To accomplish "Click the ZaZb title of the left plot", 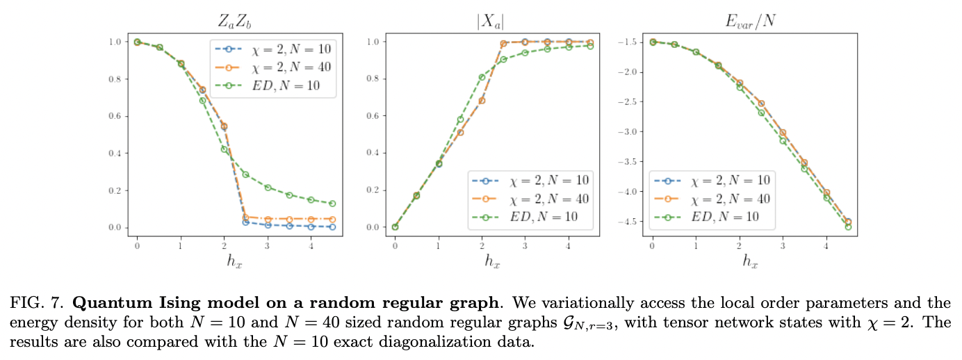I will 235,20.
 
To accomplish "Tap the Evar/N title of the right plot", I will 749,20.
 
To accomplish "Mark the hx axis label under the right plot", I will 749,261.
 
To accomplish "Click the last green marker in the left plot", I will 333,204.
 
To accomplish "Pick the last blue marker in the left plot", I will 333,227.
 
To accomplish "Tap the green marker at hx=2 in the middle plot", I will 482,77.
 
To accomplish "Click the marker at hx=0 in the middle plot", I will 395,227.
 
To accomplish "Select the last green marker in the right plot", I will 847,227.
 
